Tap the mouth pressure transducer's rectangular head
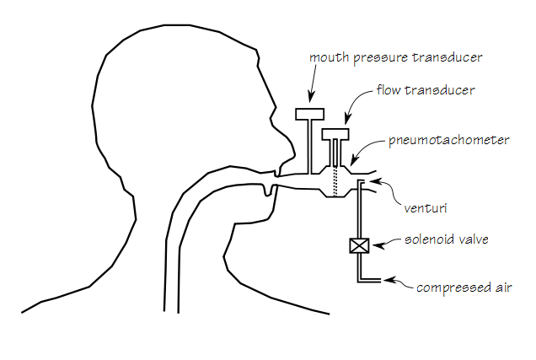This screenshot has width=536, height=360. [310, 114]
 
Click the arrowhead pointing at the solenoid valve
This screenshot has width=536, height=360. [376, 245]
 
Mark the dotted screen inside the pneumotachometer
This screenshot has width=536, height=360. [335, 182]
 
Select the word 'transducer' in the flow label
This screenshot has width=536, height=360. [448, 89]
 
